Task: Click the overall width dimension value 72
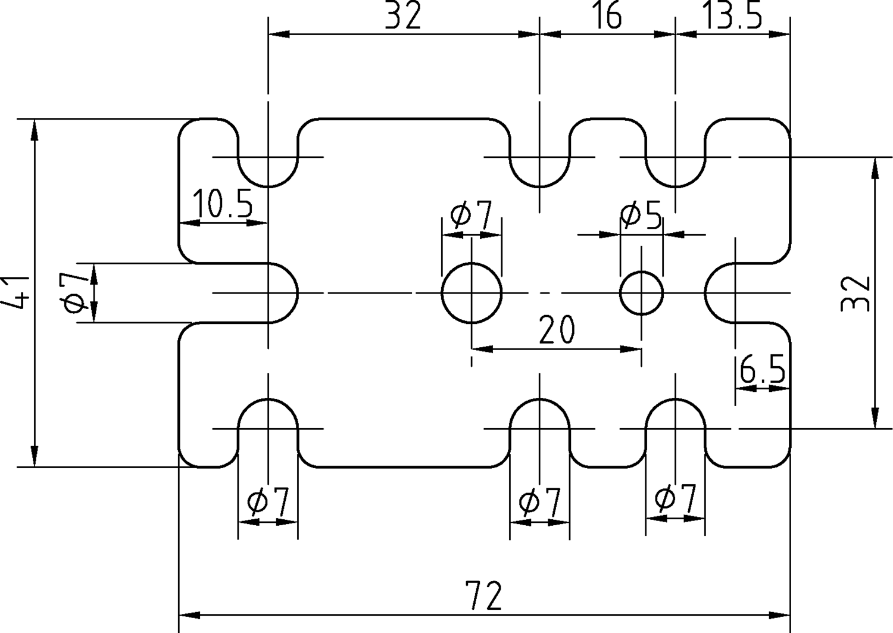click(x=483, y=595)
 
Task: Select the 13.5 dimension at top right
click(x=732, y=16)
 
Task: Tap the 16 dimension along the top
click(x=608, y=16)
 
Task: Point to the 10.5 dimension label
click(x=223, y=204)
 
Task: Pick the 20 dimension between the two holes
click(x=557, y=329)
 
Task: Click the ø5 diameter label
click(x=641, y=216)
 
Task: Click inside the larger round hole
click(x=472, y=293)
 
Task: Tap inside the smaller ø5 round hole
click(x=641, y=293)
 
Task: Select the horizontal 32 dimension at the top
click(x=403, y=16)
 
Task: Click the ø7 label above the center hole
click(x=472, y=215)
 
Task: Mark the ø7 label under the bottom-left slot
click(x=267, y=503)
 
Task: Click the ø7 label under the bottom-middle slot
click(x=540, y=503)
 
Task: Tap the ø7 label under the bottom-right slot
click(x=675, y=499)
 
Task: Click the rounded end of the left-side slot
click(x=298, y=293)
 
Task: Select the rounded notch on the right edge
click(x=705, y=293)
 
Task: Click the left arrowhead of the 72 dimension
click(x=190, y=615)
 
